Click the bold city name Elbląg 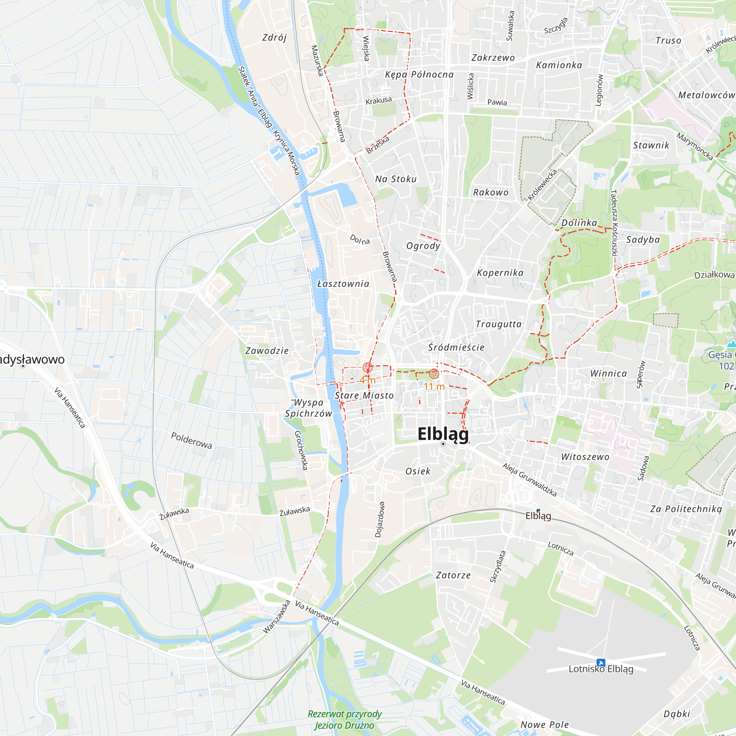[443, 434]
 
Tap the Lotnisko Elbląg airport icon [601, 662]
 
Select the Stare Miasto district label [364, 396]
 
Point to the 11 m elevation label [434, 387]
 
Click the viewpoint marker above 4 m [367, 367]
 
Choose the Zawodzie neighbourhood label [267, 351]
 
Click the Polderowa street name [191, 440]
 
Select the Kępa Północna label [419, 75]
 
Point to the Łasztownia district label [343, 284]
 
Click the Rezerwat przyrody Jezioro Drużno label [344, 719]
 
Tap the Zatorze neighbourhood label [453, 575]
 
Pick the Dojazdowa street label [379, 520]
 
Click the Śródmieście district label [456, 347]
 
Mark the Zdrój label [274, 38]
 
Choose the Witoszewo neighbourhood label [585, 457]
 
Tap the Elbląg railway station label [538, 516]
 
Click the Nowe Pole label [544, 725]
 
